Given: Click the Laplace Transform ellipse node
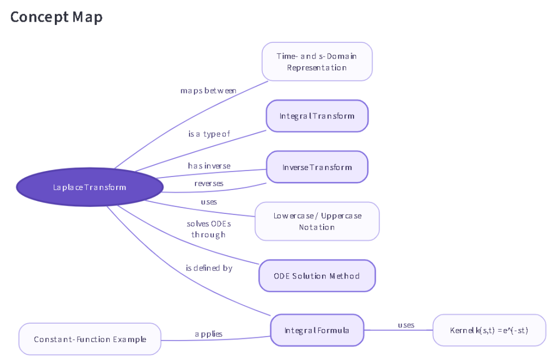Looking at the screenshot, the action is tap(90, 187).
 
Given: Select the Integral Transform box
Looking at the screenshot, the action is tap(317, 116).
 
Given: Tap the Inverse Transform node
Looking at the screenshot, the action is tap(317, 167).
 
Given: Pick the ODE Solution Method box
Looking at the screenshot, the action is tap(317, 276).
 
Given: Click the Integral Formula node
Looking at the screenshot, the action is tap(317, 330).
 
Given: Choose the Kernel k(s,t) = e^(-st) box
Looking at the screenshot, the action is tap(489, 330).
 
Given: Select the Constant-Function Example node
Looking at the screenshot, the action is tap(90, 339).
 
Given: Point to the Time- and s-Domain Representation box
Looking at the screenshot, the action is tap(317, 62).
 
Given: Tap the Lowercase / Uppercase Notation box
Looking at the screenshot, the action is tap(317, 222).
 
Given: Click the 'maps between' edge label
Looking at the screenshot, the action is tap(208, 91).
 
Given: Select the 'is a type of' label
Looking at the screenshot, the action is tap(209, 134).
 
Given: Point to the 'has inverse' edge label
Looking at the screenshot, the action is tap(209, 166).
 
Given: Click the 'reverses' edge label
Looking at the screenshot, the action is tap(209, 184).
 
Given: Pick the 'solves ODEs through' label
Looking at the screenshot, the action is tap(209, 229).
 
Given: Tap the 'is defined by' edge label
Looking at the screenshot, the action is tap(209, 268).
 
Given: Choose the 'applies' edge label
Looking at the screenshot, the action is tap(208, 334).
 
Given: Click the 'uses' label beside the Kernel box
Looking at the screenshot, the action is tap(406, 325).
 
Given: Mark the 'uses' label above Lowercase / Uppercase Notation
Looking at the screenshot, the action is tap(209, 202).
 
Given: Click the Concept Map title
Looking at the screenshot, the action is tap(56, 17).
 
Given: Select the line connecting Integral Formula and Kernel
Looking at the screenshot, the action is tap(399, 330).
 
